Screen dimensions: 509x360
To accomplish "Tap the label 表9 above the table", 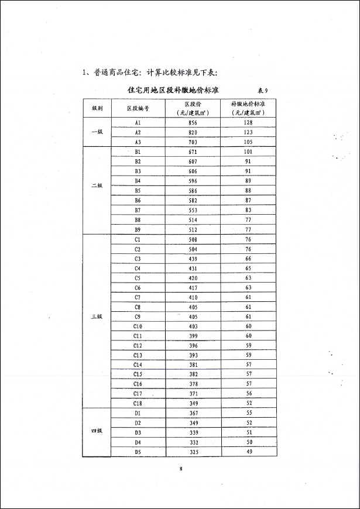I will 262,91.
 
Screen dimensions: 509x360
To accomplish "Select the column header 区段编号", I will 138,108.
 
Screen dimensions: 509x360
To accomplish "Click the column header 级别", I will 97,108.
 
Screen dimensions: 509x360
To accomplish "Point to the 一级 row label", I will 97,132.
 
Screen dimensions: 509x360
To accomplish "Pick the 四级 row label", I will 97,431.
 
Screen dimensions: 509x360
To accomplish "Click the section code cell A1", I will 138,123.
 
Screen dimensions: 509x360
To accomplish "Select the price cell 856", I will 193,123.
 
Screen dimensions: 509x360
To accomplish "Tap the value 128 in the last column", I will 248,123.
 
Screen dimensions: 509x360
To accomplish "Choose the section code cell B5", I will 138,191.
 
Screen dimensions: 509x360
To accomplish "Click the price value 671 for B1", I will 193,152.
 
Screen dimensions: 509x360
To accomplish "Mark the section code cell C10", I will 138,326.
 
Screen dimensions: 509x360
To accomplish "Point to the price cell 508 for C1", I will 193,239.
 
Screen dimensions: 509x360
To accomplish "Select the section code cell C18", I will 138,403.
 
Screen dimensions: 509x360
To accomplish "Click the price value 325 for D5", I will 193,451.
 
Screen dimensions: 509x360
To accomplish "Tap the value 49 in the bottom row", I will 248,451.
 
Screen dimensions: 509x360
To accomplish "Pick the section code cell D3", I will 138,432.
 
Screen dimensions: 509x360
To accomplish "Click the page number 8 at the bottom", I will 181,469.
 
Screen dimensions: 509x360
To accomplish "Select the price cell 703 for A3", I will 193,142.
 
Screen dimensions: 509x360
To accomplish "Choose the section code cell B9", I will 138,229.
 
